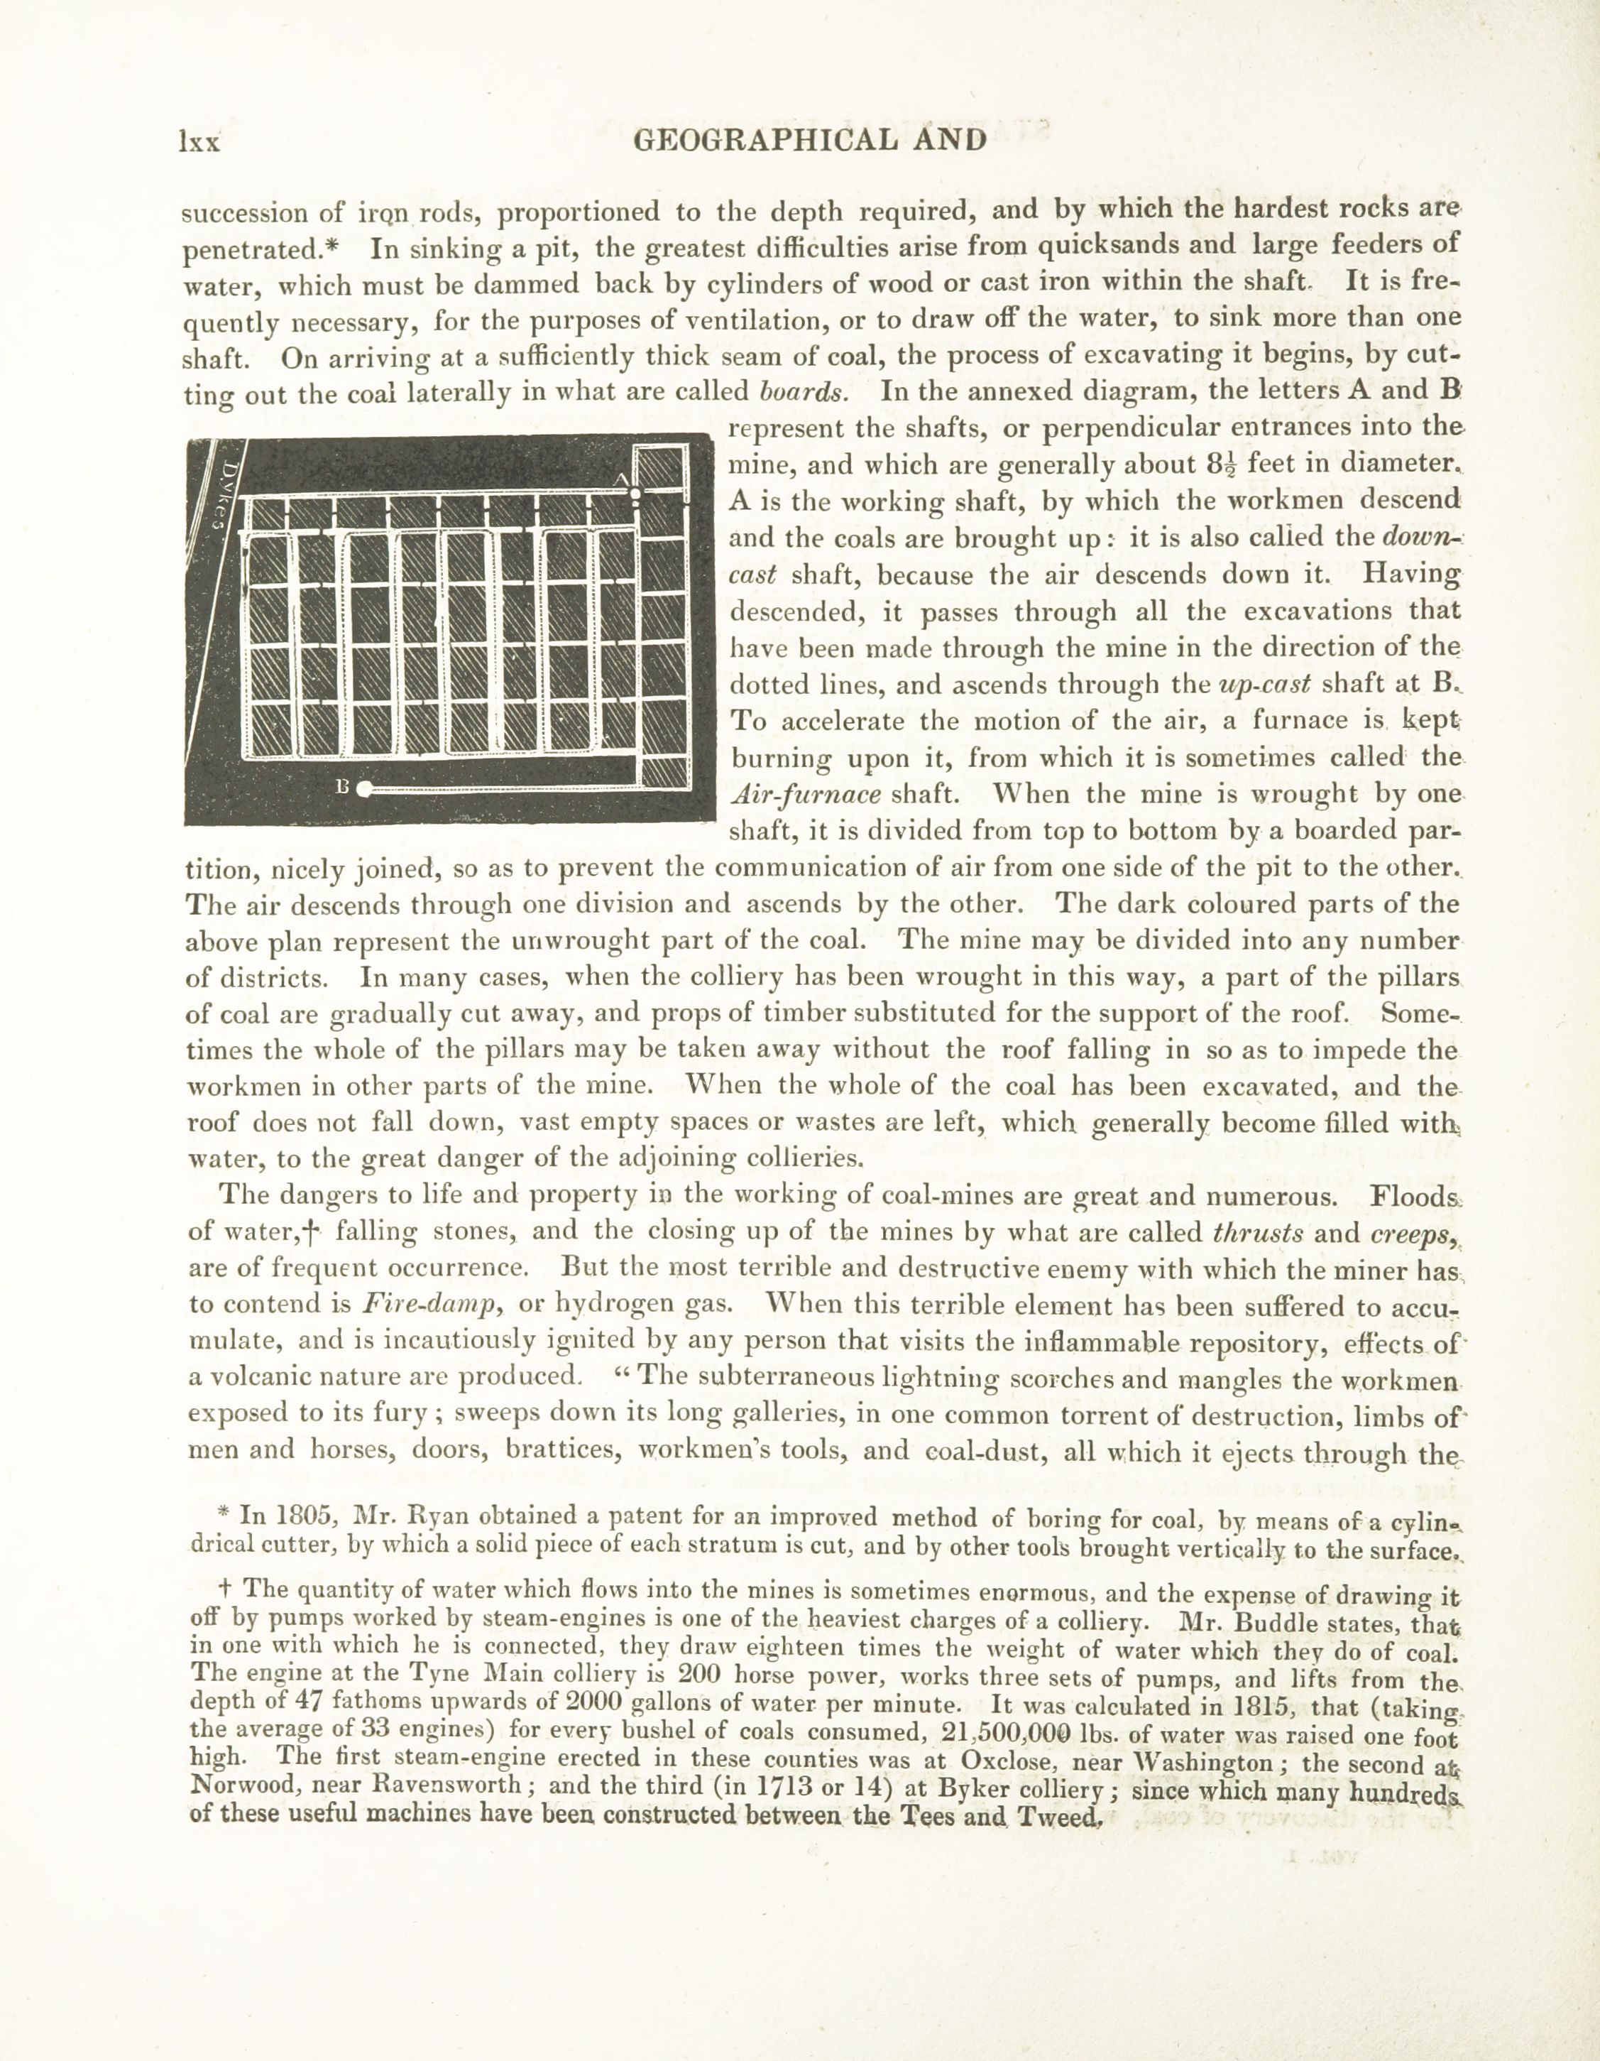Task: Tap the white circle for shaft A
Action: (636, 493)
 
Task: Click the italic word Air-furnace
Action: (806, 795)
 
